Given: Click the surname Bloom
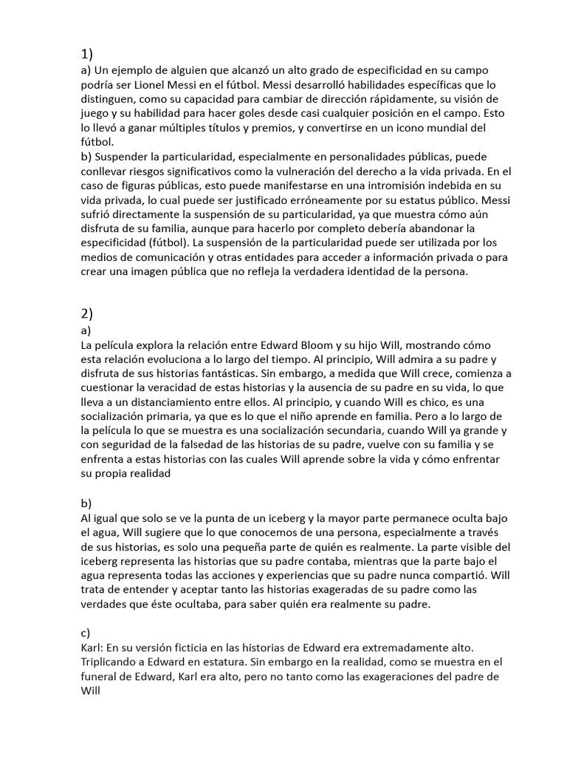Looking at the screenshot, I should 312,345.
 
